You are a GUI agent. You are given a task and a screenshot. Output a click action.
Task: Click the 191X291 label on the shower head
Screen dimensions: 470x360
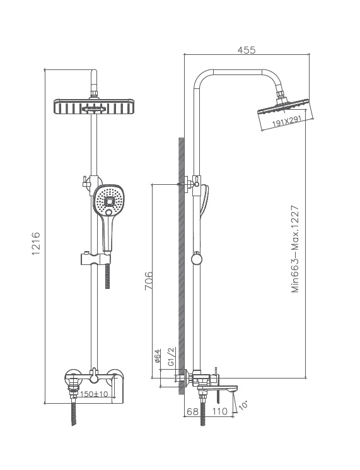coord(286,122)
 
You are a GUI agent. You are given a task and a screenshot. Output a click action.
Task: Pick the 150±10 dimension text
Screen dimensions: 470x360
coord(95,394)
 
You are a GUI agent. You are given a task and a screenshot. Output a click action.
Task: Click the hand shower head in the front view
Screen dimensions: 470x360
coord(108,202)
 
